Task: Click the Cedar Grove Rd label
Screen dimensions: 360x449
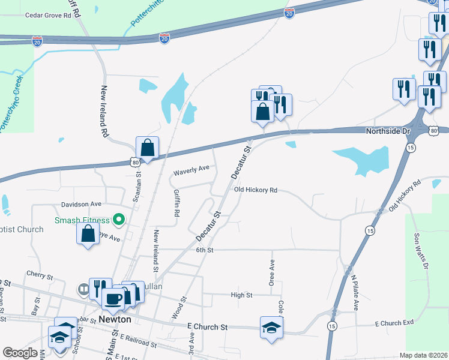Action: pyautogui.click(x=47, y=17)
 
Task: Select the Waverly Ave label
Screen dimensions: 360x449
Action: pyautogui.click(x=191, y=172)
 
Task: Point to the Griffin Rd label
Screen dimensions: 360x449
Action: pyautogui.click(x=176, y=203)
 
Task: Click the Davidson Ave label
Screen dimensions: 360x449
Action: pyautogui.click(x=81, y=205)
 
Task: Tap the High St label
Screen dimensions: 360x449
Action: pyautogui.click(x=241, y=295)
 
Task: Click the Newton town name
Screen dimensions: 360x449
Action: pyautogui.click(x=115, y=320)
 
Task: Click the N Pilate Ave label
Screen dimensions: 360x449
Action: pyautogui.click(x=354, y=292)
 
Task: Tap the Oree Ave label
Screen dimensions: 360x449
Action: pyautogui.click(x=272, y=272)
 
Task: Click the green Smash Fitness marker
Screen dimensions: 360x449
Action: pyautogui.click(x=119, y=220)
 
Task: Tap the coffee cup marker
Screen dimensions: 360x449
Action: pyautogui.click(x=113, y=298)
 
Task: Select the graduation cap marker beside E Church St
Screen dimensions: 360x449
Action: pyautogui.click(x=271, y=327)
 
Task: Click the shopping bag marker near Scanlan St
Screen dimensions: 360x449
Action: pyautogui.click(x=147, y=147)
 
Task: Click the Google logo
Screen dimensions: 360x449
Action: pyautogui.click(x=20, y=353)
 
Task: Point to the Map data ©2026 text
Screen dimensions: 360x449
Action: pyautogui.click(x=423, y=356)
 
